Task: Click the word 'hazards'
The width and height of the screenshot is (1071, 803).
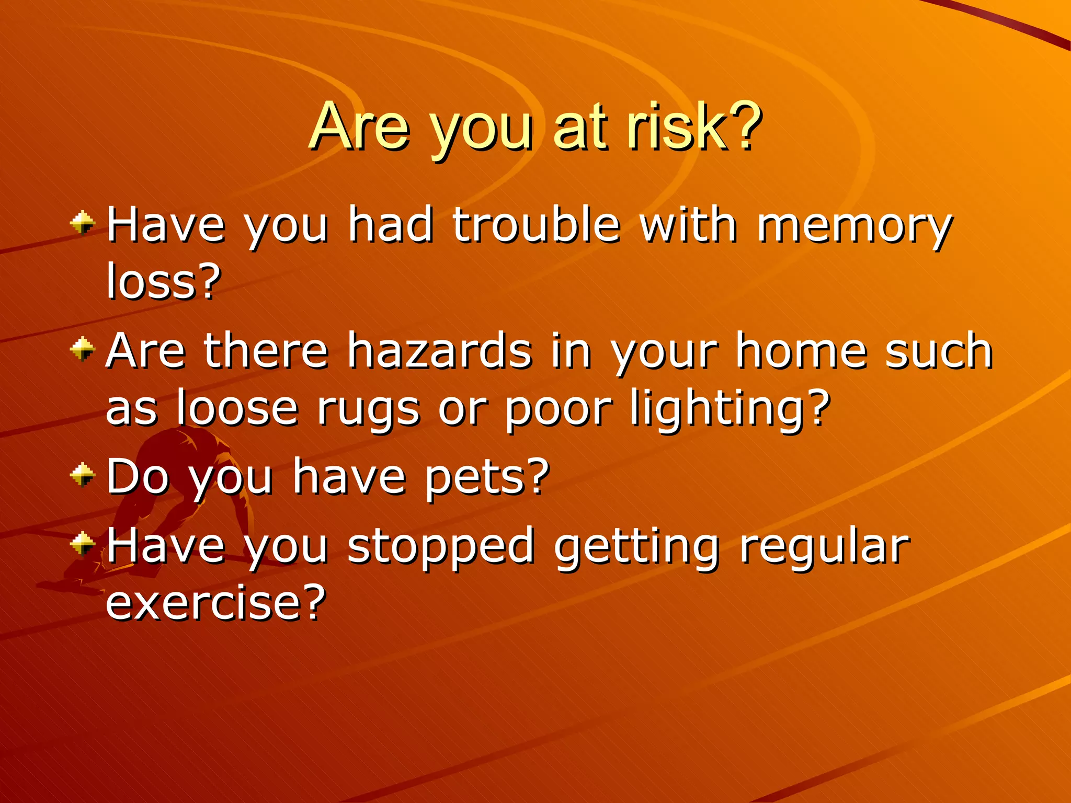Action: coord(440,351)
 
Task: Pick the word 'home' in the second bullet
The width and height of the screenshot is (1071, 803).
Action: coord(801,351)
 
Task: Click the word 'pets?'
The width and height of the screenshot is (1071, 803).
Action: coord(487,477)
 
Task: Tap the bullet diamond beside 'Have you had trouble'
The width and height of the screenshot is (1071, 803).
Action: coord(83,224)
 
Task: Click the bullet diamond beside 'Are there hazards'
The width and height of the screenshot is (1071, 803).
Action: coord(83,349)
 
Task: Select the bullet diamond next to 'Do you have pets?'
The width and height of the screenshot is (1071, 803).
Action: coord(83,475)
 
